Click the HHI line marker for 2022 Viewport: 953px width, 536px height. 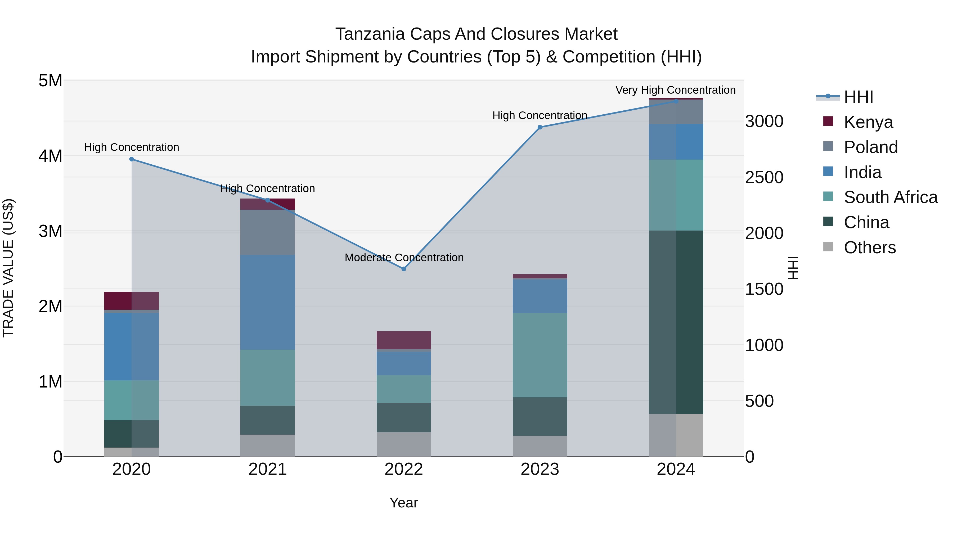pos(404,269)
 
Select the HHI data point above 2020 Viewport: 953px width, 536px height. pos(132,159)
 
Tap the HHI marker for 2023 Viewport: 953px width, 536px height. pos(540,127)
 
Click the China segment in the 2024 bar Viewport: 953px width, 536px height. pos(676,322)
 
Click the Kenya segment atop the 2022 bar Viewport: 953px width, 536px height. pos(404,340)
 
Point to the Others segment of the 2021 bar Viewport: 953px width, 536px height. pos(267,445)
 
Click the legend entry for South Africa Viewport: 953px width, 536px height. pos(890,197)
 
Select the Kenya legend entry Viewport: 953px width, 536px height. pos(868,122)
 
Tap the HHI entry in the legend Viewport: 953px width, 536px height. pos(858,97)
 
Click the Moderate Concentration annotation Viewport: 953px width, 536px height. pos(404,258)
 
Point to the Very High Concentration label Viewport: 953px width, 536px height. pos(676,90)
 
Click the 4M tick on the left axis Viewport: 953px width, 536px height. pos(50,156)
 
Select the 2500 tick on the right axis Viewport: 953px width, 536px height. pos(764,178)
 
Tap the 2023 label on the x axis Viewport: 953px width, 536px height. pos(540,469)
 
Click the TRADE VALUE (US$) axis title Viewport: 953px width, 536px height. pos(8,268)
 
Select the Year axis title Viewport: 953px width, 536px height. pos(404,503)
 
